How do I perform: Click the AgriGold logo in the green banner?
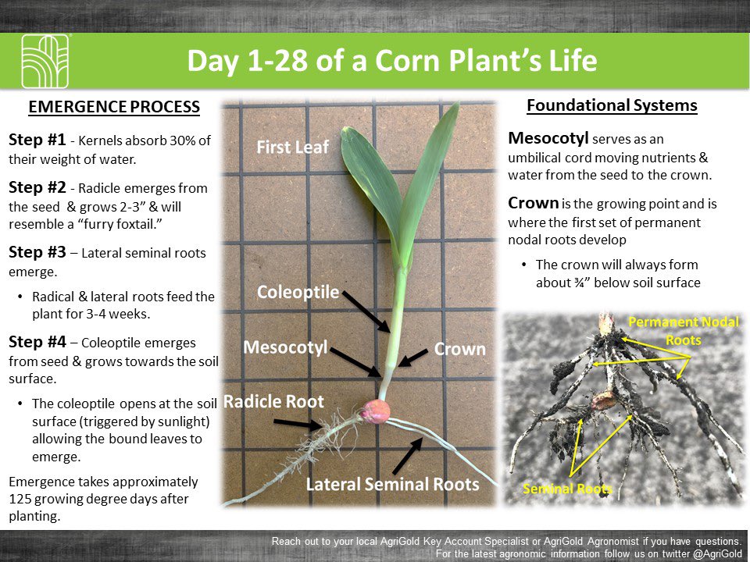[x=45, y=61]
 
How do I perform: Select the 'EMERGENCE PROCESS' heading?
[x=114, y=107]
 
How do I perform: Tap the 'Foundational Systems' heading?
[x=612, y=105]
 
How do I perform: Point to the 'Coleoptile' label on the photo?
[x=298, y=293]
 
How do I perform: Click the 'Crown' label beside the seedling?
[x=459, y=349]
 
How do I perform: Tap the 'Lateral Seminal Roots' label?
[x=391, y=484]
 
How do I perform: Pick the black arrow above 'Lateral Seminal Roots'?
[x=408, y=456]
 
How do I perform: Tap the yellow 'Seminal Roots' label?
[x=567, y=489]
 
